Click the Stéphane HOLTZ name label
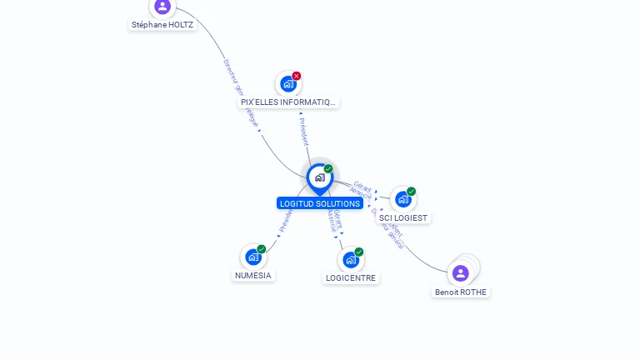click(162, 25)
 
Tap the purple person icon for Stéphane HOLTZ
click(162, 7)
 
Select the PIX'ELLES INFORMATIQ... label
click(287, 102)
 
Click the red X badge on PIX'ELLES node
click(297, 76)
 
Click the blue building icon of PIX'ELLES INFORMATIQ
click(287, 84)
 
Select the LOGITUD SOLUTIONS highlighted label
click(320, 203)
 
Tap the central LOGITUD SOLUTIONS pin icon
click(319, 177)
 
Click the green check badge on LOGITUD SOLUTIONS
click(328, 169)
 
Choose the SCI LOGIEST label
click(403, 217)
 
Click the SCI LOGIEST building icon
click(402, 199)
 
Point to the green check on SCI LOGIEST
click(412, 192)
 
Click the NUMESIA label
click(252, 275)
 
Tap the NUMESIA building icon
click(252, 257)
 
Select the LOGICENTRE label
click(351, 278)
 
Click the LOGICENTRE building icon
click(350, 260)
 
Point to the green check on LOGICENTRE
click(359, 252)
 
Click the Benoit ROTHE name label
click(461, 292)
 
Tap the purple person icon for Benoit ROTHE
click(460, 273)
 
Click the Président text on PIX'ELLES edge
click(303, 131)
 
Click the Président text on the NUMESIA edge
click(285, 222)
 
